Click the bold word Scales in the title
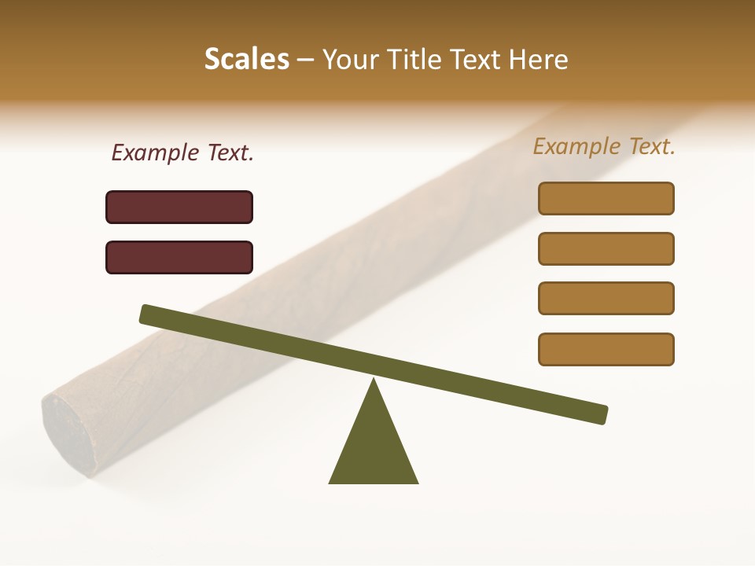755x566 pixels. click(x=246, y=59)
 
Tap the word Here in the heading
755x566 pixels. click(x=540, y=59)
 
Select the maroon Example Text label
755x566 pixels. click(x=182, y=153)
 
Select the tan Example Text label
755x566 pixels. click(x=604, y=146)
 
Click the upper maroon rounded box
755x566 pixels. click(x=179, y=207)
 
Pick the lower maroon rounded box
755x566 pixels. click(x=179, y=257)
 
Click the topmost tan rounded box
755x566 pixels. click(x=606, y=198)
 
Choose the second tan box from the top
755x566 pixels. click(x=606, y=248)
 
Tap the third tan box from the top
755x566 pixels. click(x=606, y=299)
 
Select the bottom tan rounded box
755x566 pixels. click(x=606, y=349)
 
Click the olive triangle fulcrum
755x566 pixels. click(x=374, y=448)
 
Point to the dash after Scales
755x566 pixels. click(x=305, y=60)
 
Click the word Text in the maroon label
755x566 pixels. click(x=230, y=153)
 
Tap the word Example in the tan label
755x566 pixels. click(x=577, y=146)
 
